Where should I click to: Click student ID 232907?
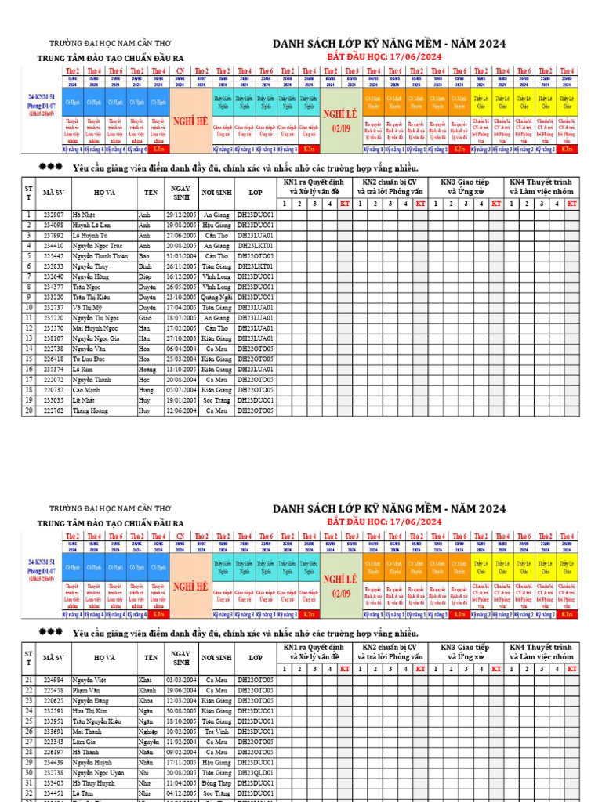pyautogui.click(x=53, y=215)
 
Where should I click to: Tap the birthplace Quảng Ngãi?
pyautogui.click(x=216, y=298)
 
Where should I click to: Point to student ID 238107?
pyautogui.click(x=53, y=338)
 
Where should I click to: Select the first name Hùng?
pyautogui.click(x=146, y=390)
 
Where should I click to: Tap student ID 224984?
pyautogui.click(x=53, y=680)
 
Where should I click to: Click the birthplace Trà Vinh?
pyautogui.click(x=216, y=732)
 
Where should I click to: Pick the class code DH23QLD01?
pyautogui.click(x=256, y=772)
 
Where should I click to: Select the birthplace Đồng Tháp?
pyautogui.click(x=216, y=782)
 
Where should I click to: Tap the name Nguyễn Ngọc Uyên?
pyautogui.click(x=99, y=772)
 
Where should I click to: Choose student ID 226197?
pyautogui.click(x=53, y=752)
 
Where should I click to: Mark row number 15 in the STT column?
pyautogui.click(x=29, y=359)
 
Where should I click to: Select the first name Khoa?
pyautogui.click(x=145, y=700)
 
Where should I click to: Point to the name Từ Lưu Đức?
pyautogui.click(x=87, y=359)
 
